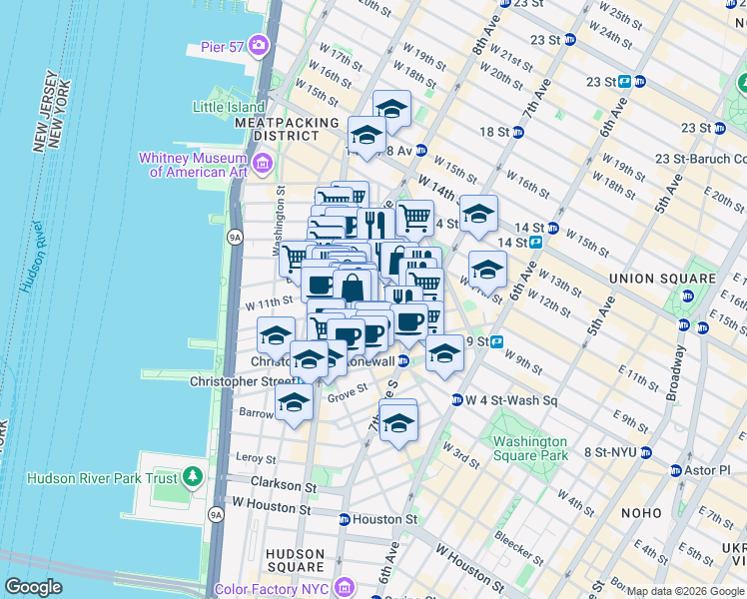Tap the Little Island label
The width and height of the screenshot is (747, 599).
[x=229, y=107]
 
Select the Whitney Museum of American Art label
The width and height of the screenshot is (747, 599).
[x=198, y=165]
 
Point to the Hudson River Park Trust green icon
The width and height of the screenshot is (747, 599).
[x=193, y=477]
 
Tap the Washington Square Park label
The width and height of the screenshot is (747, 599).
[x=529, y=448]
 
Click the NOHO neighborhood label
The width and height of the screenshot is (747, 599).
[x=639, y=513]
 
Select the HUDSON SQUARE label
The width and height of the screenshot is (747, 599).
[x=294, y=560]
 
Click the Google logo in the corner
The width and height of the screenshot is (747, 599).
[x=33, y=587]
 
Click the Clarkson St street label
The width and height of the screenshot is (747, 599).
[x=283, y=486]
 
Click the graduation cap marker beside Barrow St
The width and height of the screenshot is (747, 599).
[x=294, y=402]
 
